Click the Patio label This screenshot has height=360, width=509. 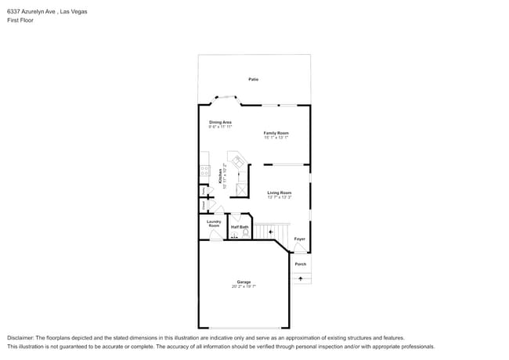[x=254, y=79]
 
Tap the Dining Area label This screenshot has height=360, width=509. [x=220, y=122]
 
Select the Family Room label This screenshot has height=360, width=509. [x=276, y=133]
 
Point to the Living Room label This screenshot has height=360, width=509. [x=279, y=193]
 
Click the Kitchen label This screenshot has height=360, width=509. [x=210, y=178]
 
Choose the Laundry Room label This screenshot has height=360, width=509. [x=214, y=223]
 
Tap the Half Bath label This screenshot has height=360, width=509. [x=240, y=227]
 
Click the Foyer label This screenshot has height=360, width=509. [x=299, y=239]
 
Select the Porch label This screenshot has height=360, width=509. [x=301, y=264]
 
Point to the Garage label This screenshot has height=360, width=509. [x=244, y=282]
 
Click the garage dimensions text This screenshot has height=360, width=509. [x=244, y=286]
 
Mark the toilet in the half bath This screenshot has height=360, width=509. [x=245, y=233]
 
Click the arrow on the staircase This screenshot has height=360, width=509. [x=271, y=232]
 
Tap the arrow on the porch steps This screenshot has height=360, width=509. [x=301, y=278]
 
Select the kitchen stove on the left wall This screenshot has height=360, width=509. [x=204, y=169]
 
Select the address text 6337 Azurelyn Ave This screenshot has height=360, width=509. [x=32, y=12]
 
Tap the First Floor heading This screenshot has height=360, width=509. [x=21, y=20]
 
